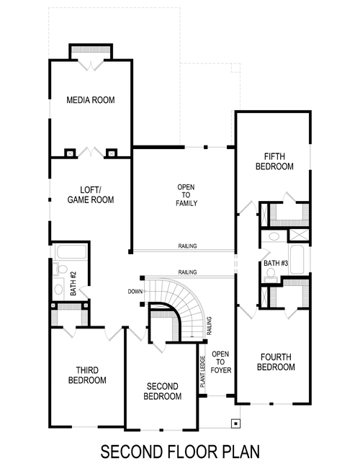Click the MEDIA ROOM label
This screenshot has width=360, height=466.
coord(91,99)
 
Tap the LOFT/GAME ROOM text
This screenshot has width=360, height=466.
coord(91,194)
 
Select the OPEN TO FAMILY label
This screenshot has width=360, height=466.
coord(186,194)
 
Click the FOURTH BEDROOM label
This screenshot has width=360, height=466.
coord(276,362)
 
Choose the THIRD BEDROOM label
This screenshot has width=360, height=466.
coord(87,375)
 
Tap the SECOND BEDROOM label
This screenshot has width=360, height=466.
coord(162,391)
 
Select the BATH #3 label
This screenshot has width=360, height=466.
coord(275,264)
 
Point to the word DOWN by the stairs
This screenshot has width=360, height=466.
coord(134,292)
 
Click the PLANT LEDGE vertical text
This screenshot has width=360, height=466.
coord(203,374)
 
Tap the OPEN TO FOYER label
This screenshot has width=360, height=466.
coord(220,362)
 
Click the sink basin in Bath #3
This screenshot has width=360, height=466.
coord(272,238)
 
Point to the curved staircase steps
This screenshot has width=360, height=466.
coord(189,306)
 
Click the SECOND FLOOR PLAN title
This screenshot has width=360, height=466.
coord(179,452)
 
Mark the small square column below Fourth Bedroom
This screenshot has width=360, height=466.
coord(234,423)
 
